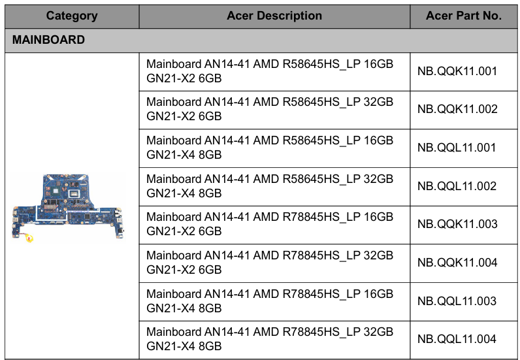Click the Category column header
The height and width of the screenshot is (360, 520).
pos(72,16)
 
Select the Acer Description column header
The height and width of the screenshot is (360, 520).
pos(274,16)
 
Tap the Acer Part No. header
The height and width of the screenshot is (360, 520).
pos(464,16)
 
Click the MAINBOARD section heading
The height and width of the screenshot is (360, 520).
pos(48,40)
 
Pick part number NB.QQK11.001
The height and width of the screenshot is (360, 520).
pos(457,71)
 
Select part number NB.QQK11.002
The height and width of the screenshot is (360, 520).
pos(457,109)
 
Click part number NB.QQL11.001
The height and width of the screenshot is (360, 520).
pos(457,148)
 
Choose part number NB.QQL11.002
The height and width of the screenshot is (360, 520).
pos(457,186)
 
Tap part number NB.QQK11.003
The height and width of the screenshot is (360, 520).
pos(457,224)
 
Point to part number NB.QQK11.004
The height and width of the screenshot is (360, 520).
pos(457,263)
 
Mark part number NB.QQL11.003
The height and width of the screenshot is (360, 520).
pos(457,301)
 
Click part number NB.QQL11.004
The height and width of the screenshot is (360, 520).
pos(457,338)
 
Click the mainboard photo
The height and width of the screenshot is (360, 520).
pos(68,208)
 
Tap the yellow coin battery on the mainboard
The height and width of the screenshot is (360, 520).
pos(29,238)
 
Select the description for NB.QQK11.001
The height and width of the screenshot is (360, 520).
pos(270,71)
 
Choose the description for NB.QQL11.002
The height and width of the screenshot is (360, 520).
pos(270,186)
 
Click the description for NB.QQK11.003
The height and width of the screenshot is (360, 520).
pos(270,224)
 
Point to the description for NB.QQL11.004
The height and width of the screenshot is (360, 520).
pos(270,338)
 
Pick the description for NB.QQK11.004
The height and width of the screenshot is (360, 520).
pos(270,263)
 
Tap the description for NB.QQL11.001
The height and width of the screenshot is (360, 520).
pos(270,148)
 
